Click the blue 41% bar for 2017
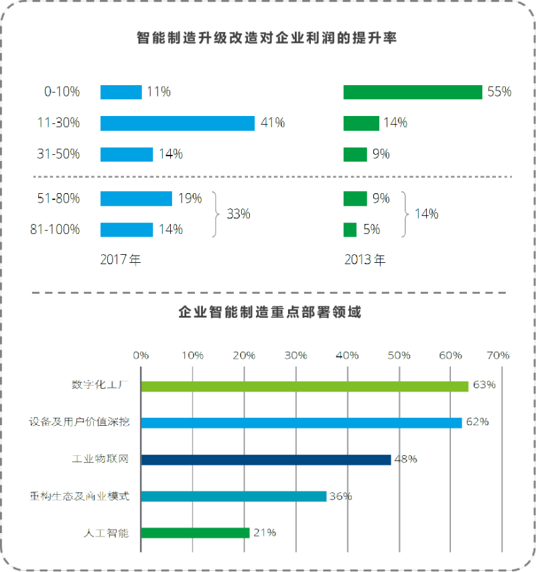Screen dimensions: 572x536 [178, 123]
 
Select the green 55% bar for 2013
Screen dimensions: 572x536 [413, 92]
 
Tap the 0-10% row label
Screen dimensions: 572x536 [62, 92]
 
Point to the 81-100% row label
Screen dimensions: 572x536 [55, 230]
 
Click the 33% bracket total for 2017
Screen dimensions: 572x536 [238, 215]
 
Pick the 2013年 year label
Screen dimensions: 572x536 [365, 260]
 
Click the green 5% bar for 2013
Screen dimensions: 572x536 [350, 230]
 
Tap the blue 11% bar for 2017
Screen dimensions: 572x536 [121, 92]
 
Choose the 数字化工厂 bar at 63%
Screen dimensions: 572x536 [304, 386]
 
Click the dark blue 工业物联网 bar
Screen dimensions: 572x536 [265, 459]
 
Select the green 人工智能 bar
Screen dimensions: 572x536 [195, 533]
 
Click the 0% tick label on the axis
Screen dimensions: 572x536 [141, 355]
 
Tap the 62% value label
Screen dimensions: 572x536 [478, 422]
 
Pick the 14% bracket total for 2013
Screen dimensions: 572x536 [427, 215]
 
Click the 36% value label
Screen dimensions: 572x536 [341, 496]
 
